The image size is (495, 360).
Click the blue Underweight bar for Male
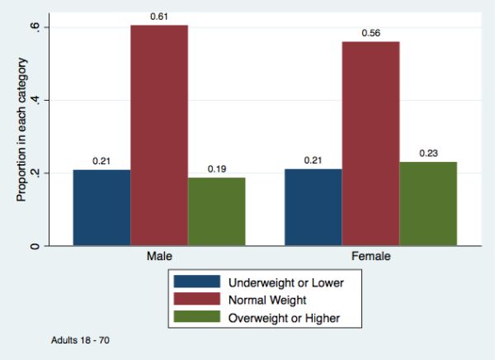101,207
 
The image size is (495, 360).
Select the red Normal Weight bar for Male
159,135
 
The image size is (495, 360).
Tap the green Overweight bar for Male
217,211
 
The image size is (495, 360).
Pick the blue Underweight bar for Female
313,207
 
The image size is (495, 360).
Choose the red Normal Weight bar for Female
370,144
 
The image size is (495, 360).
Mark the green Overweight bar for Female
428,203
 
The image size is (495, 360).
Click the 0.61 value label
159,17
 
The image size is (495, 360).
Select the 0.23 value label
428,153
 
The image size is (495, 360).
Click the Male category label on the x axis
159,257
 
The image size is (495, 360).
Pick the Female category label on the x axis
370,257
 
